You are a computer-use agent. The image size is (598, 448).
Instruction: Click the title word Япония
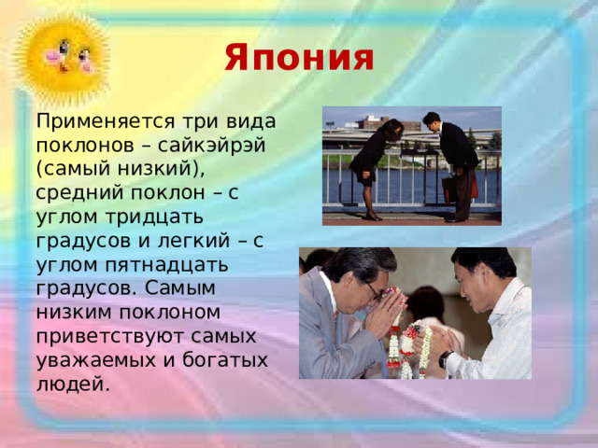click(x=299, y=58)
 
